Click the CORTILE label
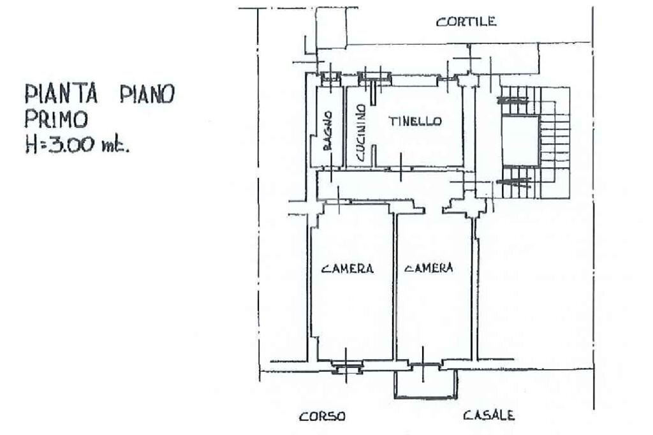point(466,22)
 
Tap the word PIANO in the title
point(147,94)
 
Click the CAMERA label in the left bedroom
point(348,269)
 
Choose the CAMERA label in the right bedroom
point(429,269)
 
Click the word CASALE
point(488,416)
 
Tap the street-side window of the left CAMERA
point(346,365)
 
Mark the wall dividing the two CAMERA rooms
point(394,287)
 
